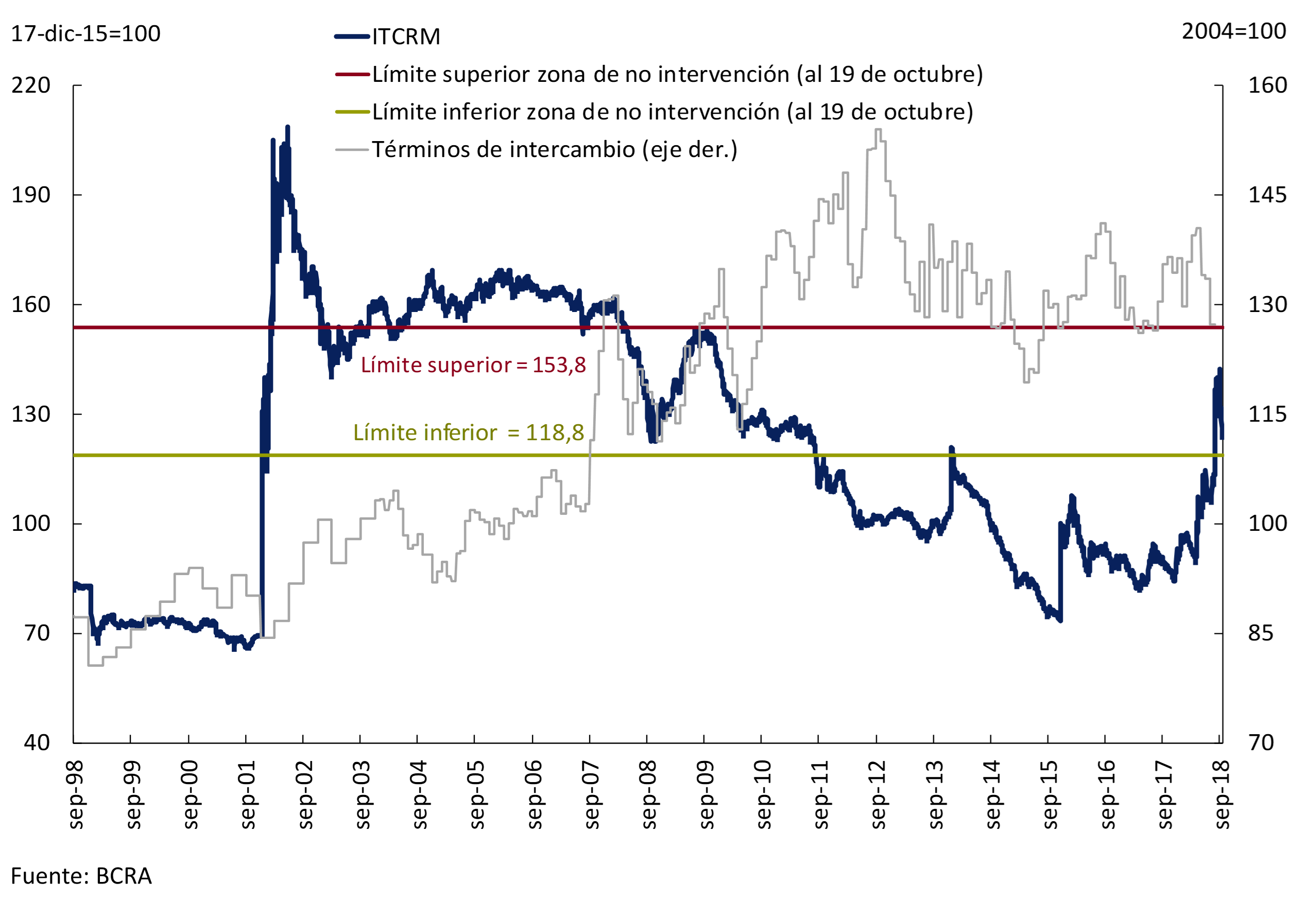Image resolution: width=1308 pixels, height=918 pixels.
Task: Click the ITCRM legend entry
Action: click(x=406, y=37)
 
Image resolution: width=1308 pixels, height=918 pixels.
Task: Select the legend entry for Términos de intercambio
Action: click(x=554, y=150)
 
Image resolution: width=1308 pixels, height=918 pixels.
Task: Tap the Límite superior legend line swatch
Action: click(x=353, y=75)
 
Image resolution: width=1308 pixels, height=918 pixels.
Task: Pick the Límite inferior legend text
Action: click(x=672, y=112)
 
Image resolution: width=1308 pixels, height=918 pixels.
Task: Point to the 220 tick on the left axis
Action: click(x=31, y=85)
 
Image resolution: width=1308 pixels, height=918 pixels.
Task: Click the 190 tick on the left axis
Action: click(x=31, y=195)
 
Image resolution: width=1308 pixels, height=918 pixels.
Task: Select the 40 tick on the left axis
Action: click(x=37, y=742)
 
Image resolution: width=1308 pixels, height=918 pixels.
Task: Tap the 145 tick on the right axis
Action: click(x=1267, y=195)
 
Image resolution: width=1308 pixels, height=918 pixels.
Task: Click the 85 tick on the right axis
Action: click(x=1260, y=633)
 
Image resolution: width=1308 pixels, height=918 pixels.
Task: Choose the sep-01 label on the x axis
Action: click(x=248, y=794)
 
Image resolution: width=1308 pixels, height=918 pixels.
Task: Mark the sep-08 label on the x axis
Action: click(x=649, y=794)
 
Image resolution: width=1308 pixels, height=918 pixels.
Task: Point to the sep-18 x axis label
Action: click(x=1222, y=794)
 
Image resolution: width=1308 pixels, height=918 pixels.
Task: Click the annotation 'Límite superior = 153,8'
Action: click(x=473, y=365)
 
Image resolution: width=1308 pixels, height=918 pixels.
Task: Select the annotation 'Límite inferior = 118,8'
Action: click(x=468, y=433)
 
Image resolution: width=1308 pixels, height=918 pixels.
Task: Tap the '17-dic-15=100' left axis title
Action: click(x=85, y=33)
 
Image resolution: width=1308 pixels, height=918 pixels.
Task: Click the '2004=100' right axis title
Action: click(x=1233, y=31)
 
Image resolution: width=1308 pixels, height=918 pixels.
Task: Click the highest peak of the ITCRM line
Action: click(x=288, y=127)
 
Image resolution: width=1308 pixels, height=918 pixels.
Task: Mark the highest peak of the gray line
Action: click(x=878, y=130)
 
